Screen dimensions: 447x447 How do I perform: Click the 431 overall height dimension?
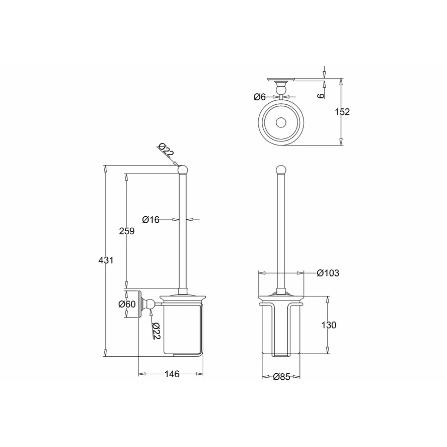[x=106, y=260]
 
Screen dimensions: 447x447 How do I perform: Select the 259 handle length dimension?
[x=126, y=231]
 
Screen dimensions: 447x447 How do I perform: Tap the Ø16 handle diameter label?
[x=151, y=220]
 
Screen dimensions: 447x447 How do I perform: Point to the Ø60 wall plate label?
[x=127, y=304]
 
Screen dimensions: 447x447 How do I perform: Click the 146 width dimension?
[x=172, y=374]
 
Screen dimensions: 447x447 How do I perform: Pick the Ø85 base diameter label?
[x=281, y=377]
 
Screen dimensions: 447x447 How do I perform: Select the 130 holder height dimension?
[x=329, y=325]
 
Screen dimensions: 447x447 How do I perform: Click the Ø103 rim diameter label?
[x=328, y=273]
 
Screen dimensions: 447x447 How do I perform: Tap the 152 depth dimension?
[x=342, y=112]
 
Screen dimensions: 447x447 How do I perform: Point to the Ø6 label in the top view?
[x=259, y=97]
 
